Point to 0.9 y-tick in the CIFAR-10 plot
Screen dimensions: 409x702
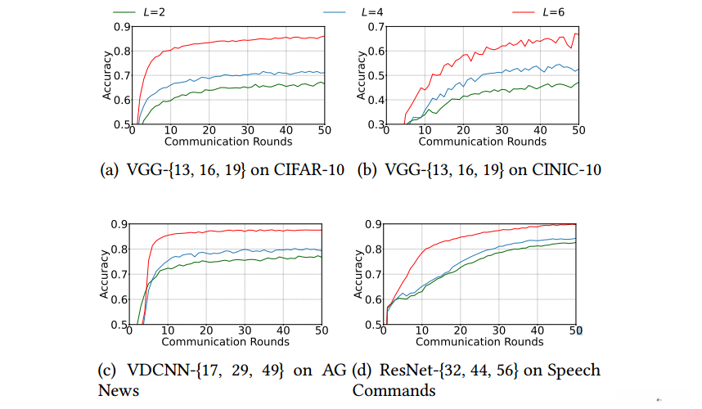pos(120,27)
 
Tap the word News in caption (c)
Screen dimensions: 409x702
pos(119,390)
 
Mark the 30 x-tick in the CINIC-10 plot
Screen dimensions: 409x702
pos(501,131)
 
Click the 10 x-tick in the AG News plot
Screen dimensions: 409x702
pos(168,330)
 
